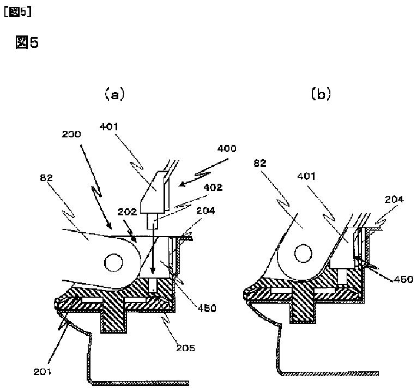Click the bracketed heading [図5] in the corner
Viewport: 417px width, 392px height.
tap(17, 12)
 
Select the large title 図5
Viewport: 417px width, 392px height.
tap(27, 43)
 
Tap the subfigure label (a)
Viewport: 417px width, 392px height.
tap(114, 94)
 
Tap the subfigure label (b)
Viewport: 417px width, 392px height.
tap(321, 94)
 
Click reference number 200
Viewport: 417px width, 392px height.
tap(71, 134)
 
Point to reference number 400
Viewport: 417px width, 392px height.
tap(227, 148)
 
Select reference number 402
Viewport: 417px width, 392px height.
tap(213, 187)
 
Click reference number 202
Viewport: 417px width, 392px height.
tap(127, 212)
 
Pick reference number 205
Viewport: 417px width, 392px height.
tap(186, 348)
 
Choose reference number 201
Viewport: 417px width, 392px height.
tap(42, 372)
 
